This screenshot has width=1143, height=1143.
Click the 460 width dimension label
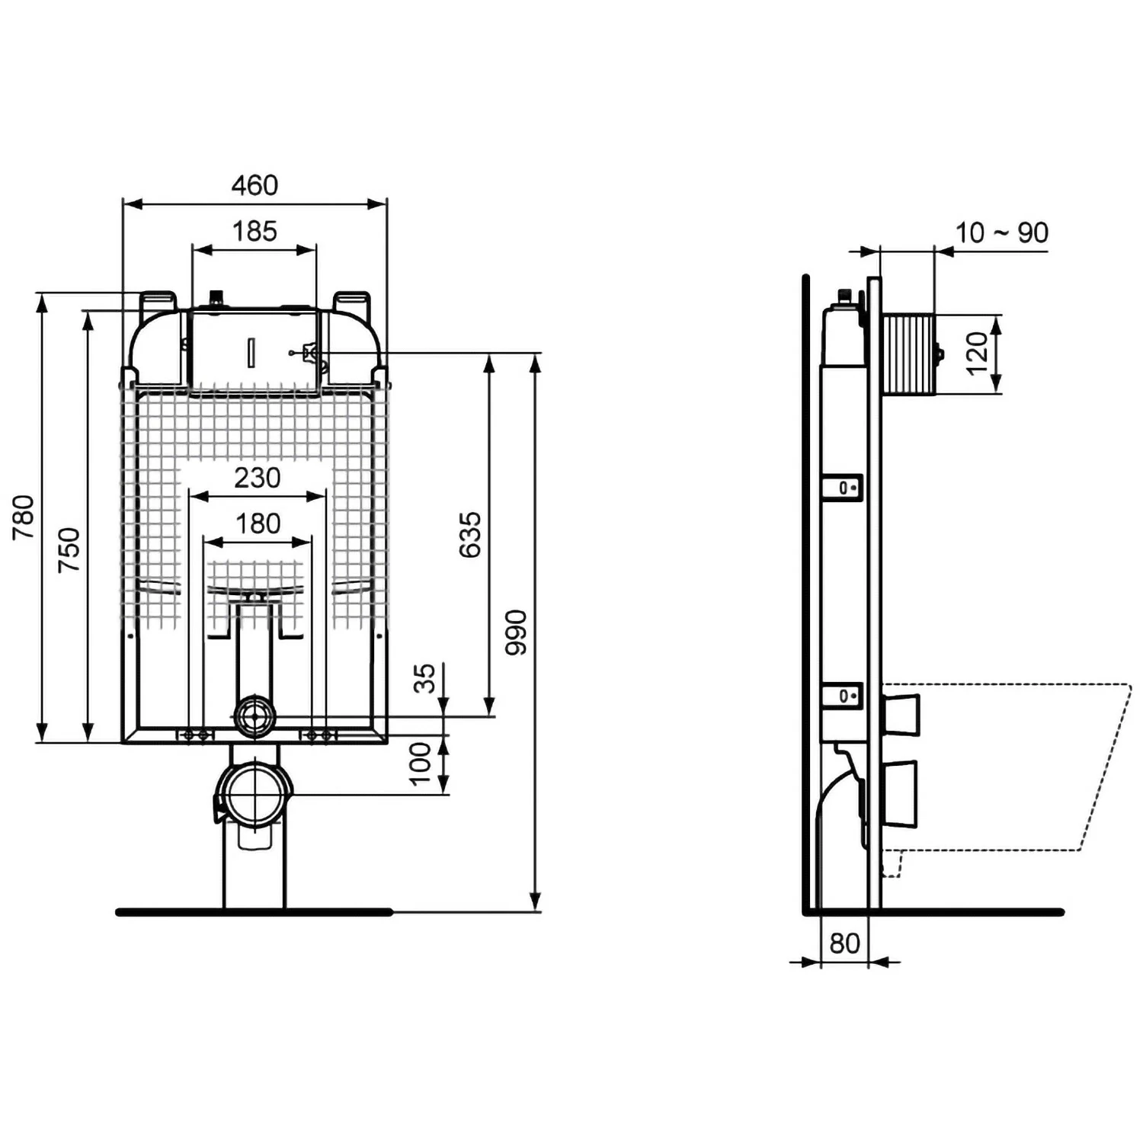(x=255, y=185)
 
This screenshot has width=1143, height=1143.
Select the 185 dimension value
(x=255, y=231)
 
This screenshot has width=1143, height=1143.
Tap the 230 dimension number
(x=258, y=478)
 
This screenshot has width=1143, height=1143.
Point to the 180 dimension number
(x=258, y=523)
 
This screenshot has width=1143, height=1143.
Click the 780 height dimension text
(x=24, y=517)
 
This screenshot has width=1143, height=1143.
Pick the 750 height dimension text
(x=69, y=549)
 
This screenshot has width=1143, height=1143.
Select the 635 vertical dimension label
(x=470, y=534)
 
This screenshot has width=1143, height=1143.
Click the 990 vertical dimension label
(x=516, y=632)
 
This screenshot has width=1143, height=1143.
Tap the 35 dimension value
(x=424, y=678)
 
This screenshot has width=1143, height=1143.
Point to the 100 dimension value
(x=420, y=764)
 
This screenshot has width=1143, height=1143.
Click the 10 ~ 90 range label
(x=1001, y=232)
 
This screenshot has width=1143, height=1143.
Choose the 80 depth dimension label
(x=844, y=943)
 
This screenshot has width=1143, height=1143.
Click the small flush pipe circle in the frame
(x=255, y=716)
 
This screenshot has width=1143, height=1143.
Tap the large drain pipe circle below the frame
(x=255, y=794)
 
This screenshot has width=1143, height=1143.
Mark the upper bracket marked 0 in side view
(x=844, y=487)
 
